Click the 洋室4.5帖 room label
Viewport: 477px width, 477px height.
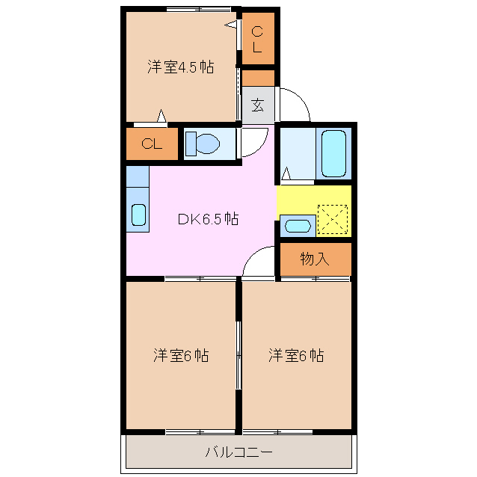(181, 67)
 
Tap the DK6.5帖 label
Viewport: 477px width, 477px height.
(208, 219)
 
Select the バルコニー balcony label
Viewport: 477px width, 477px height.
(238, 452)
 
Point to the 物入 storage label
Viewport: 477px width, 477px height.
(315, 259)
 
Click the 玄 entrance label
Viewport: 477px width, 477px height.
(258, 105)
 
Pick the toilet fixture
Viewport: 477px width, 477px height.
(203, 144)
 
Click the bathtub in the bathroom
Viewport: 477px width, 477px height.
(333, 153)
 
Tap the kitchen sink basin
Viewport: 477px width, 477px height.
(138, 215)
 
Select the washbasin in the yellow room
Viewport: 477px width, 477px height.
(298, 226)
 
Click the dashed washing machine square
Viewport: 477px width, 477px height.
(333, 219)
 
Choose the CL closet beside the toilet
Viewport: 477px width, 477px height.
(152, 144)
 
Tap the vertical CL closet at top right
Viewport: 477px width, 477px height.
(258, 39)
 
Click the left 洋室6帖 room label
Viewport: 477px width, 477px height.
(181, 355)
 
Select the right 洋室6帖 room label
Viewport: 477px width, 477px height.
(296, 355)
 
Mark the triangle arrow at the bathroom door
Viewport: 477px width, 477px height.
(286, 173)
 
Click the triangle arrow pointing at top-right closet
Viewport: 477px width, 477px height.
(230, 25)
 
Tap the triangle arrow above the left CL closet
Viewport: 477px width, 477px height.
(161, 116)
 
